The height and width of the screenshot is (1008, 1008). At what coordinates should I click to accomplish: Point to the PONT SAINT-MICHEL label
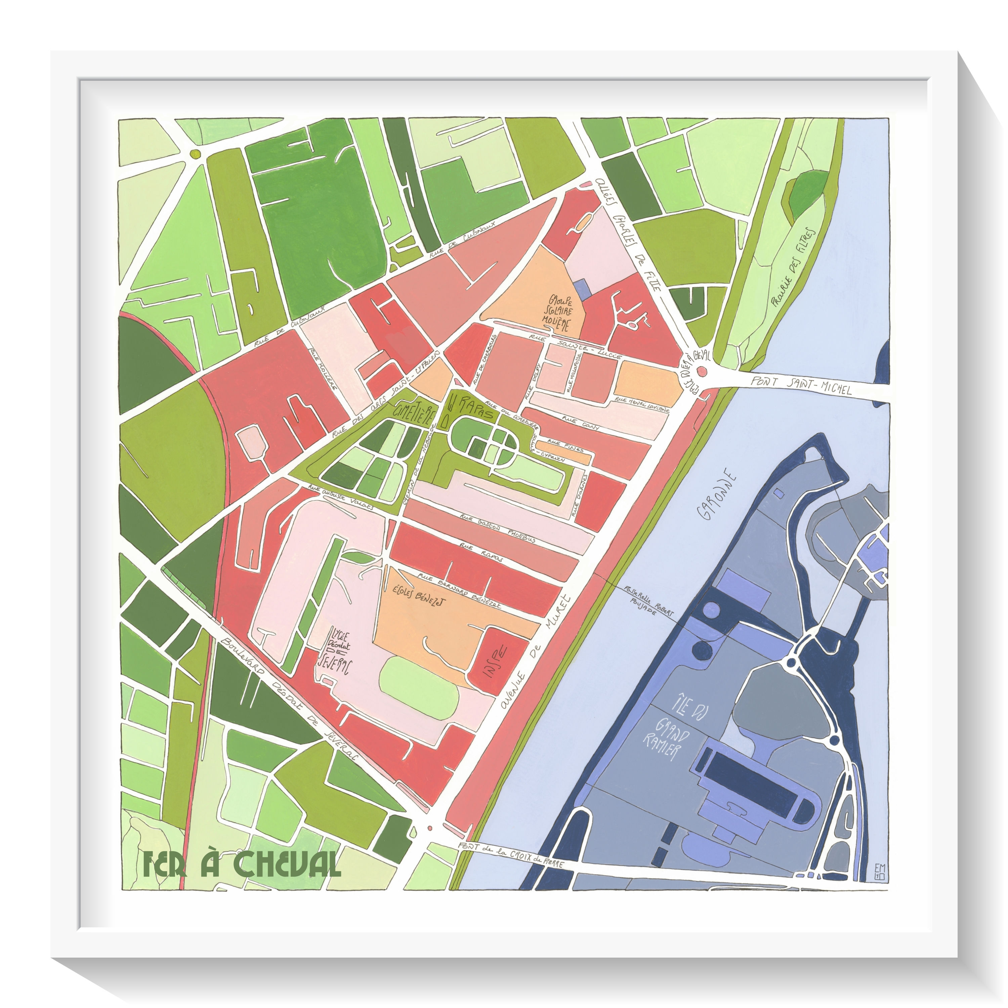[801, 386]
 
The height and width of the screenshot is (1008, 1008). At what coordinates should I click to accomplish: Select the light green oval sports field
[419, 683]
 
